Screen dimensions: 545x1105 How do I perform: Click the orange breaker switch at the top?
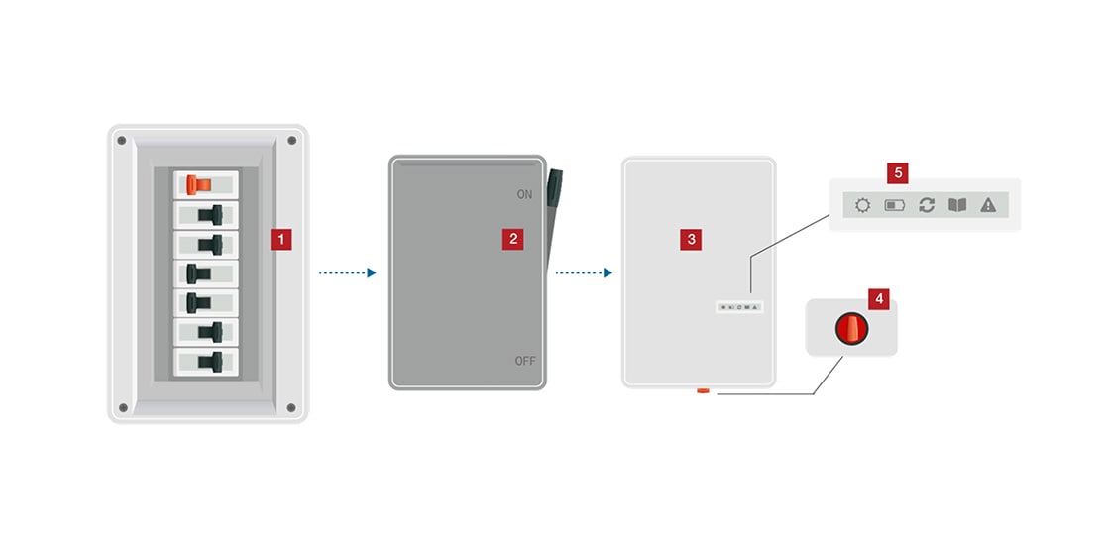[199, 184]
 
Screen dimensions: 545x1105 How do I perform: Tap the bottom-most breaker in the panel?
[207, 361]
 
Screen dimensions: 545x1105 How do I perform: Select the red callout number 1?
[281, 239]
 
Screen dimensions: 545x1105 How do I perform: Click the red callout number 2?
[512, 238]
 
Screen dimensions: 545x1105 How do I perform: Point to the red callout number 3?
[691, 238]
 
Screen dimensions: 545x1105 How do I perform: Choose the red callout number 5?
[898, 173]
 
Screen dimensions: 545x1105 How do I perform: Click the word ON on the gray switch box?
[524, 195]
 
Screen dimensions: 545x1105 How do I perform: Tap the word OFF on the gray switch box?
[524, 361]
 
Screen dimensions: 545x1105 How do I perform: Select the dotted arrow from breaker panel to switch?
[347, 272]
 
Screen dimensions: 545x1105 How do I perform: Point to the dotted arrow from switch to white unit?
[583, 272]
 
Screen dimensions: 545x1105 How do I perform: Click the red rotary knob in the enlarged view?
[851, 328]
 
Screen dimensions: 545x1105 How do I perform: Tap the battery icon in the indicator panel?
[895, 206]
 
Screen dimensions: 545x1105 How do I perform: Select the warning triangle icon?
[987, 206]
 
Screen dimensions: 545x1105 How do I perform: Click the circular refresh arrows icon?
[927, 206]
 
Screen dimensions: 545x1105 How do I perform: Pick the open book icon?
[957, 206]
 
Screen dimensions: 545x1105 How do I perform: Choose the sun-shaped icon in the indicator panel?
[862, 206]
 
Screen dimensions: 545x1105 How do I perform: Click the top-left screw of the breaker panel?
[122, 141]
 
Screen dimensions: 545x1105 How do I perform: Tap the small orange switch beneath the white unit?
[702, 391]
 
